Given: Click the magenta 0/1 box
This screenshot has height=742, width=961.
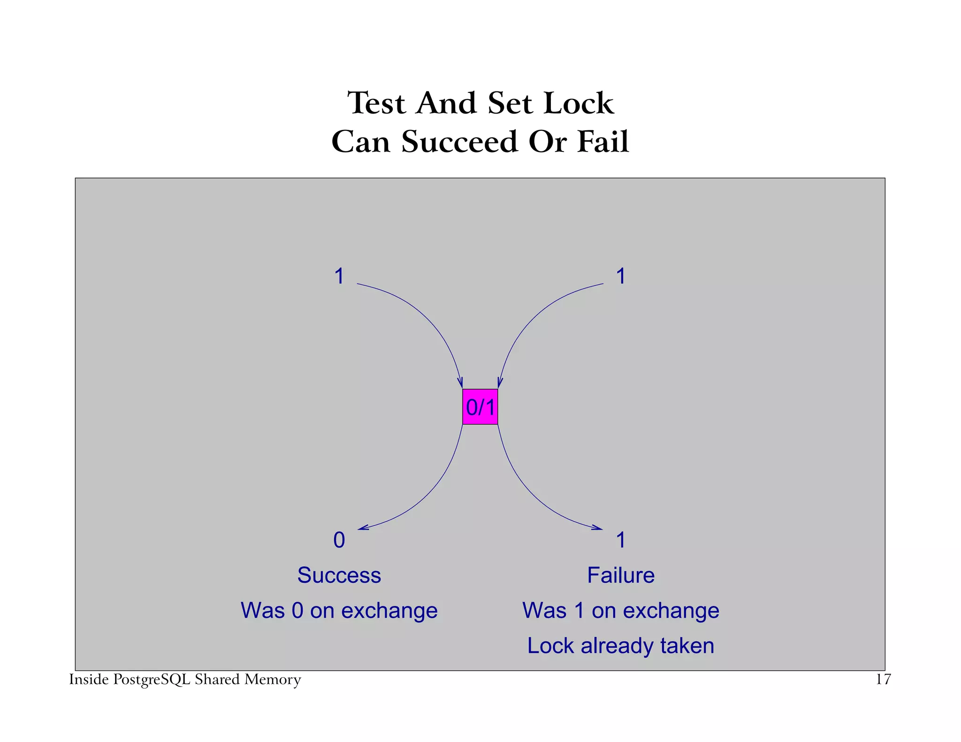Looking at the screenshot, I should (x=480, y=407).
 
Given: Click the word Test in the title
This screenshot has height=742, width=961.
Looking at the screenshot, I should (x=376, y=103).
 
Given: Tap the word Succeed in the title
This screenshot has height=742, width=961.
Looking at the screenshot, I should (x=459, y=142).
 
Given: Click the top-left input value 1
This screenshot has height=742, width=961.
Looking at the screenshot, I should (x=339, y=276).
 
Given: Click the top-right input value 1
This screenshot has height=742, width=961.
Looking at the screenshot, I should (x=621, y=276).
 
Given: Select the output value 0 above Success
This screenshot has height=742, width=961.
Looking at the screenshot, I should (x=339, y=540).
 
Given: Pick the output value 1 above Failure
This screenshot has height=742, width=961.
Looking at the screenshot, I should (x=621, y=540).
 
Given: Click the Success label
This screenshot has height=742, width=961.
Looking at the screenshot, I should (x=339, y=575).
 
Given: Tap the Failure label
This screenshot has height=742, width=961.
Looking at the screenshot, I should (x=621, y=575).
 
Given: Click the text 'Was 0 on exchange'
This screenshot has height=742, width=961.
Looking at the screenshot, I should (x=339, y=611).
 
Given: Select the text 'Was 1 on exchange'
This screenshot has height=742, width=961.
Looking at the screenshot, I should (x=621, y=611).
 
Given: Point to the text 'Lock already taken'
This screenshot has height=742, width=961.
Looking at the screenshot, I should (x=621, y=646).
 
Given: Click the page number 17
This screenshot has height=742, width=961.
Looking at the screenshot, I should (x=883, y=680).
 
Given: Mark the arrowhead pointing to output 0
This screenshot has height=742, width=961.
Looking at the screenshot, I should (x=363, y=529).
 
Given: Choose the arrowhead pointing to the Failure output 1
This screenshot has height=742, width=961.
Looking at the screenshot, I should (x=598, y=529).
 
